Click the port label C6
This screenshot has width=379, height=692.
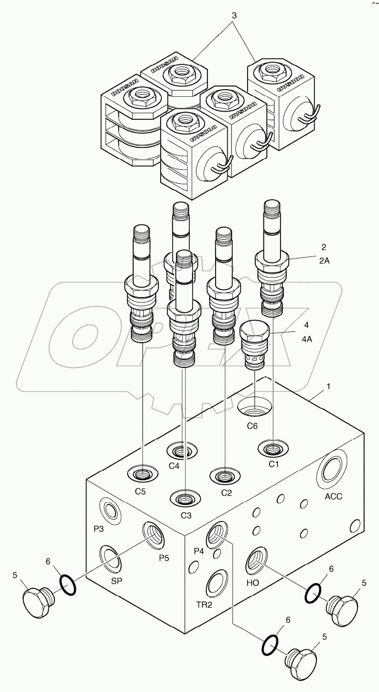[252, 425]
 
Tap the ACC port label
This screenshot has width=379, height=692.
[333, 496]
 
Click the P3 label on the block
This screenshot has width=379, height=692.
[99, 529]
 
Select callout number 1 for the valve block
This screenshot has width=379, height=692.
[328, 387]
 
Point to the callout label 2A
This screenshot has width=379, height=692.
[324, 261]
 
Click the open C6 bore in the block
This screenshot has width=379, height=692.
[255, 408]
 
